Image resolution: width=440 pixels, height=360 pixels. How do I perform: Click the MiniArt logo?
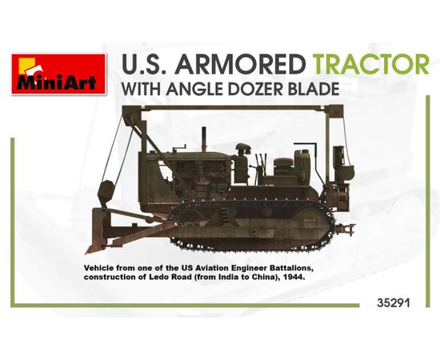[x=58, y=74]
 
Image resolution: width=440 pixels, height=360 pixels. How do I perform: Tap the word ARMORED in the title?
[x=242, y=65]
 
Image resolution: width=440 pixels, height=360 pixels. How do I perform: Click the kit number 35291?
[x=394, y=303]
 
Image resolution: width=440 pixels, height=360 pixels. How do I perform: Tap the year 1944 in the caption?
[x=294, y=277]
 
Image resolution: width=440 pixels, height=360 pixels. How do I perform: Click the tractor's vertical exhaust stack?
[x=204, y=140]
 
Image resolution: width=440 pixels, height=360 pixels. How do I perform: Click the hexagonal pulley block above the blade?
[x=106, y=192]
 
